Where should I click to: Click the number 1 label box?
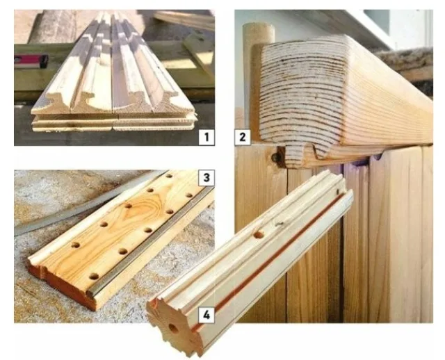[x=207, y=138]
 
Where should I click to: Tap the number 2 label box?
[x=243, y=138]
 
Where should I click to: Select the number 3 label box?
[x=207, y=178]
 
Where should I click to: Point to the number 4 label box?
[x=207, y=315]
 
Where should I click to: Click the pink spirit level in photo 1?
[x=31, y=61]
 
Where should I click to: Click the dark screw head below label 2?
[x=276, y=156]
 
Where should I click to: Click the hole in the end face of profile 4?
[x=173, y=328]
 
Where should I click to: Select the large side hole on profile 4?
[x=258, y=235]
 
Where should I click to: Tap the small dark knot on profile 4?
[x=279, y=224]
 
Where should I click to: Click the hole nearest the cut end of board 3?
[x=94, y=276]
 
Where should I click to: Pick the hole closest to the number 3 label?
[x=189, y=195]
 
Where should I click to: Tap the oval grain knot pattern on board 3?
[x=142, y=205]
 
